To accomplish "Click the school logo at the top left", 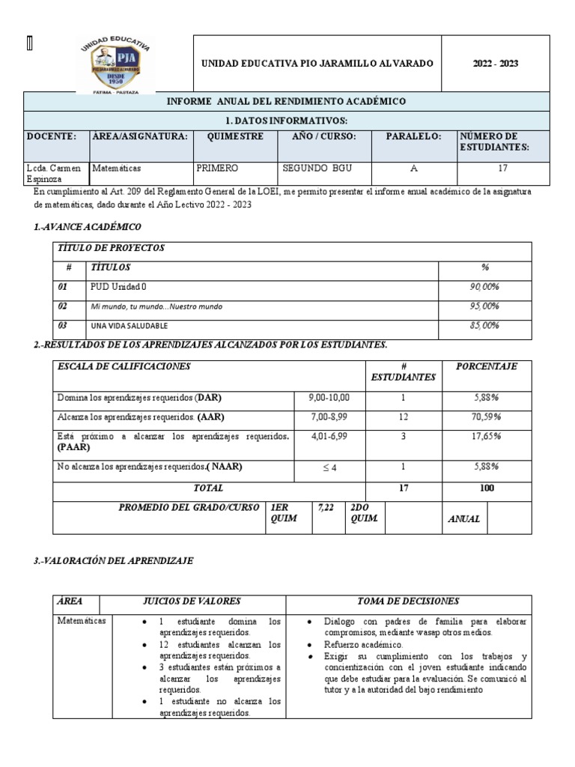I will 115,64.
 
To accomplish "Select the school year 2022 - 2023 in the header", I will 495,64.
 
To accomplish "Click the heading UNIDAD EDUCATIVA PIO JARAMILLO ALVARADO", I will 317,64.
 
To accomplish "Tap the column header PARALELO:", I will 413,136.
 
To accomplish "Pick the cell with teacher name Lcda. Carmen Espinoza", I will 56,174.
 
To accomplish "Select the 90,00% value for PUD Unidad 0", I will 484,287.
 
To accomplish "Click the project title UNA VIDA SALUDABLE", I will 129,326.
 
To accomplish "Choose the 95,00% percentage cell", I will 484,306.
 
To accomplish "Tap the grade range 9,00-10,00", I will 329,397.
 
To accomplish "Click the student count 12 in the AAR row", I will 403,416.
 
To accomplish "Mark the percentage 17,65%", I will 486,436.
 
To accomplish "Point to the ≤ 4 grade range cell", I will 329,467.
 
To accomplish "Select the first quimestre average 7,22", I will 326,507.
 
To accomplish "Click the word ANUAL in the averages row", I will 463,518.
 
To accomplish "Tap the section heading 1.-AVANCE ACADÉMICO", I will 88,226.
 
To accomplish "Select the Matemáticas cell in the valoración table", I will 82,621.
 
